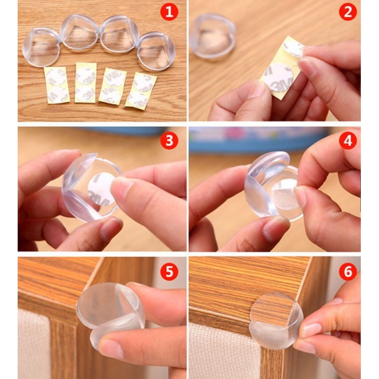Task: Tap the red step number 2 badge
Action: pyautogui.click(x=348, y=12)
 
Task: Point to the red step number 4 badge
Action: pyautogui.click(x=348, y=140)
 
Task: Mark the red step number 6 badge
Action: pyautogui.click(x=348, y=272)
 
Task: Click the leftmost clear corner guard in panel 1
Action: pyautogui.click(x=41, y=47)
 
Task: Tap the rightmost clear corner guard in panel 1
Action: pyautogui.click(x=156, y=51)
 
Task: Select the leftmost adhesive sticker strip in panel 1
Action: pyautogui.click(x=57, y=85)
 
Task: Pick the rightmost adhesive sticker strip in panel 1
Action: pyautogui.click(x=141, y=90)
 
